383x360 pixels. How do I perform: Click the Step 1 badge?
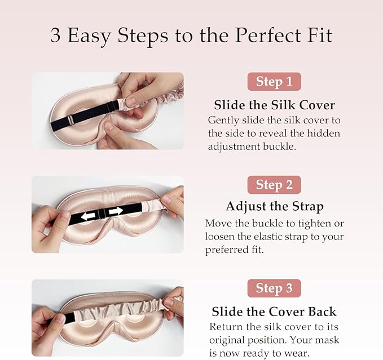(274, 82)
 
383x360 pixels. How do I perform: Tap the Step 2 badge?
(274, 185)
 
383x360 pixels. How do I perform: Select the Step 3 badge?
(274, 288)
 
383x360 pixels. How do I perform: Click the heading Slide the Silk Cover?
(274, 105)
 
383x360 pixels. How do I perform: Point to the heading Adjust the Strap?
(275, 207)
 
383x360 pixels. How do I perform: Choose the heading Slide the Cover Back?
(274, 312)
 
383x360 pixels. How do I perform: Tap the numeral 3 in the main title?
(55, 35)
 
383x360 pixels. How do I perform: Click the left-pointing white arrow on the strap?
(88, 216)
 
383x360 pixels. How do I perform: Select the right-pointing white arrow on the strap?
(116, 211)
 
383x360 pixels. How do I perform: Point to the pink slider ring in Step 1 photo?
(71, 121)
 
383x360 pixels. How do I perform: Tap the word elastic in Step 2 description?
(268, 237)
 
